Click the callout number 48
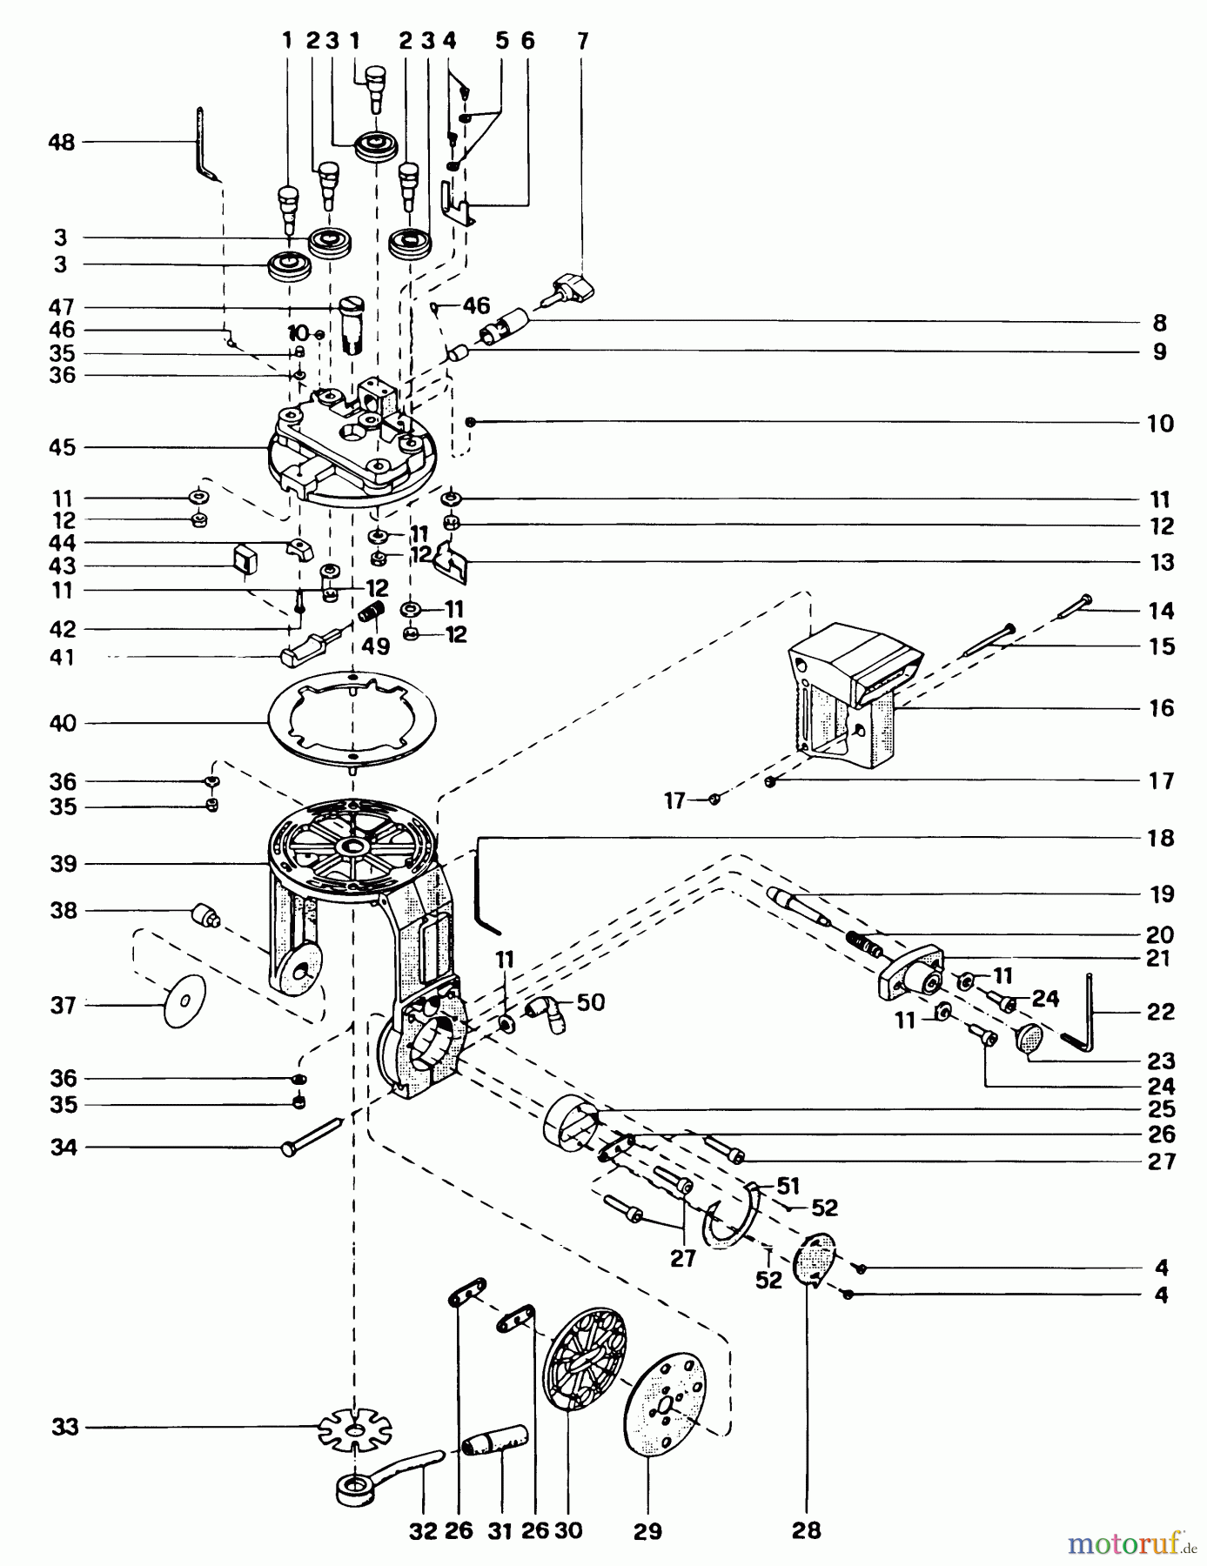pos(62,142)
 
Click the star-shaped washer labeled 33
pos(354,1428)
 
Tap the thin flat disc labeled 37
pos(185,1001)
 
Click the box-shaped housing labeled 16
pos(848,696)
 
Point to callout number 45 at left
pos(62,448)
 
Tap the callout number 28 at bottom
pos(806,1530)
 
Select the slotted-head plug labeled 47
pos(352,320)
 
